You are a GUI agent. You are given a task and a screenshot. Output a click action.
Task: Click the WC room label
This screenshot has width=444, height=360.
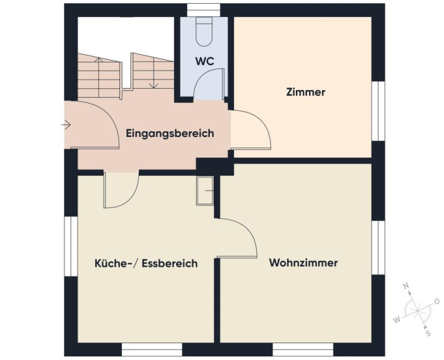click(x=204, y=61)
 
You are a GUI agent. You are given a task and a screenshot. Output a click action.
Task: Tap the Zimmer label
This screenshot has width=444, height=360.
click(x=305, y=92)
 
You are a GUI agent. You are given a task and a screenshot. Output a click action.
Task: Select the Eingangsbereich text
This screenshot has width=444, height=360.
click(x=170, y=133)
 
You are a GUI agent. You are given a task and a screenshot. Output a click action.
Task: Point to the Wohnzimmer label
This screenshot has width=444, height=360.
click(x=303, y=262)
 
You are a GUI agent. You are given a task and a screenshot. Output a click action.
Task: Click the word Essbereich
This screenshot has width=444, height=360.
click(x=170, y=263)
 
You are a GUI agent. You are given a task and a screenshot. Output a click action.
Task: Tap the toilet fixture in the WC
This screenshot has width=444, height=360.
click(x=204, y=32)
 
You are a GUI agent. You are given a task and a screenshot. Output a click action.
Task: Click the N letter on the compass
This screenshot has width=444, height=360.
click(x=406, y=286)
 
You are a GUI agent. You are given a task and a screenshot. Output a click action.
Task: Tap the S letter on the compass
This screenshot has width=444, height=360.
click(x=428, y=333)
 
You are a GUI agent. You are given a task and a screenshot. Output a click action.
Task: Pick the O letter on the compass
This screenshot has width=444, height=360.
click(x=437, y=301)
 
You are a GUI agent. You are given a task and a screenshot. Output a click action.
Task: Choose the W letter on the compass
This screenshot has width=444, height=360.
click(x=397, y=320)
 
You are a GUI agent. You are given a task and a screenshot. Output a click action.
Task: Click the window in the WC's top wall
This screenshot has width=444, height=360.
click(x=204, y=10)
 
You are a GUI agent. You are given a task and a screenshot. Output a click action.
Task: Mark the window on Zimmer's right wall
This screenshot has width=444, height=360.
click(x=378, y=111)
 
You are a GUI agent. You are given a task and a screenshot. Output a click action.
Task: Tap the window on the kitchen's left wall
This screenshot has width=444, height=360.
click(x=71, y=246)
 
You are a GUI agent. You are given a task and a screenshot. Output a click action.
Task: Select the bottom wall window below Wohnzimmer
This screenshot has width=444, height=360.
click(x=303, y=349)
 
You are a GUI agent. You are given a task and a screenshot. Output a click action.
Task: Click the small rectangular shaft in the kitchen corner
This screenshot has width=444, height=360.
click(x=205, y=191)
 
